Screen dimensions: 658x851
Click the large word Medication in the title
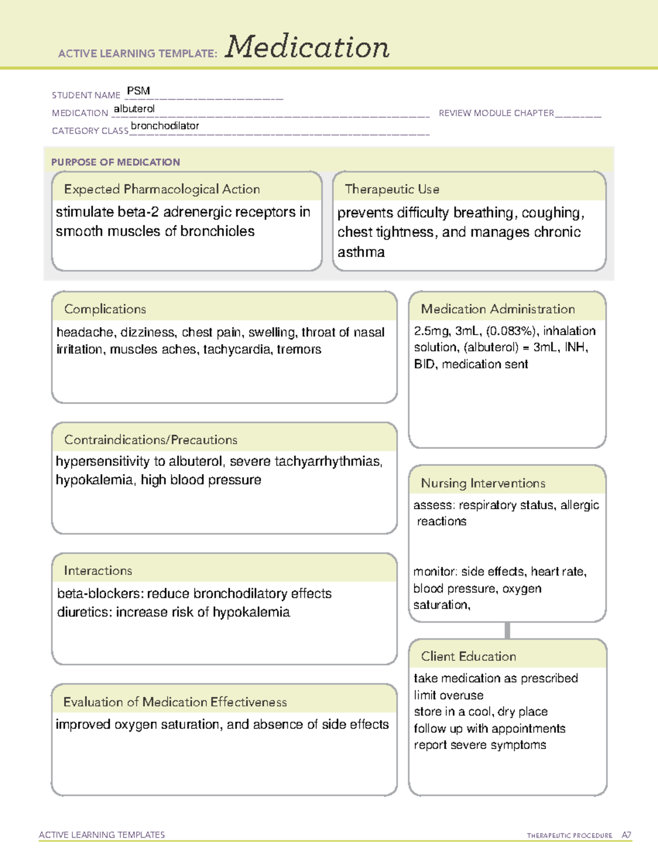pos(307,47)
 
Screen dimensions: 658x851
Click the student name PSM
pos(138,91)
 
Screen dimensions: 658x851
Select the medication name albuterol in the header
pos(134,109)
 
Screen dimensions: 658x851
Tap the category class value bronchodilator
pos(164,126)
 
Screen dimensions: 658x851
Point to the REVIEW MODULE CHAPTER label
pos(496,113)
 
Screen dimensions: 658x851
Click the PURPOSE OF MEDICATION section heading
pos(115,162)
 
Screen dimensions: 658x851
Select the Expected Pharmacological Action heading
pos(162,189)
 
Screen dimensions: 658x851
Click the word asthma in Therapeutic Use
pos(361,252)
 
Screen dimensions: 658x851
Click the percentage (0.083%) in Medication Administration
pos(512,331)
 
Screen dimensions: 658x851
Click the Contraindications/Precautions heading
pos(150,440)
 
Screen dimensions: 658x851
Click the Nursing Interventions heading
pos(483,483)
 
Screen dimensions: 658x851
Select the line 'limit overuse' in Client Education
pos(449,695)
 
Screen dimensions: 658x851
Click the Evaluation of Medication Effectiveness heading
pos(175,702)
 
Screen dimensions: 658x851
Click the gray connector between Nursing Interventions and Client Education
pos(507,630)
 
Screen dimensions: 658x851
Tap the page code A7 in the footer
pos(626,835)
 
